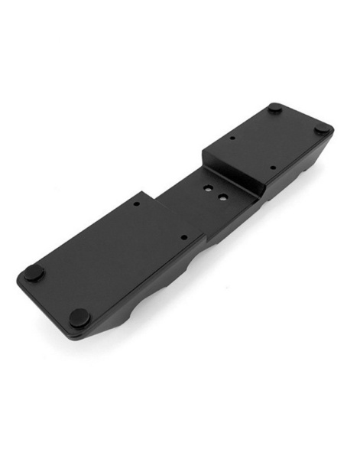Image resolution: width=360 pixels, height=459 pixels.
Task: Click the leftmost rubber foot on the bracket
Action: coord(32,272)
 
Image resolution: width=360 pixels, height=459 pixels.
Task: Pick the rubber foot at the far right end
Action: coord(321,130)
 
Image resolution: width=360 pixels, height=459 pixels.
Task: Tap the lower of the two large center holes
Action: coord(222,196)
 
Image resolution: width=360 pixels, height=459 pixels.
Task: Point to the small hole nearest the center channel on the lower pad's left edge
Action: coord(136,204)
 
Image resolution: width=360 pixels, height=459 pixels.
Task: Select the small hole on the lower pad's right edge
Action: coord(182,238)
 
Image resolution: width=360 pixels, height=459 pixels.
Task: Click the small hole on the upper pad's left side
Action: coord(232,139)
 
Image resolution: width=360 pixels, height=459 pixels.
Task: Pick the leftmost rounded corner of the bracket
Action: coord(20,277)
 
